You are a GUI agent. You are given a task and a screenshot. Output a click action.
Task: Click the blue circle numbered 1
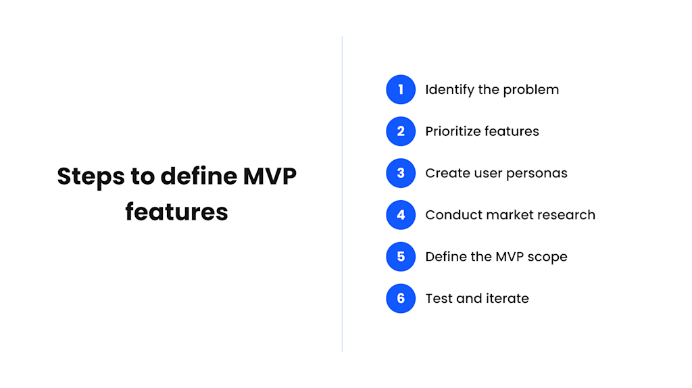[x=401, y=89]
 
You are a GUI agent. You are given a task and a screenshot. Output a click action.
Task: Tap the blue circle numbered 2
[x=401, y=131]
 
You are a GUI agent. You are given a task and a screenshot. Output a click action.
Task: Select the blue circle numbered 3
[x=401, y=173]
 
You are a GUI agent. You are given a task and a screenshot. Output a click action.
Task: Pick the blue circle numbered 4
[x=401, y=215]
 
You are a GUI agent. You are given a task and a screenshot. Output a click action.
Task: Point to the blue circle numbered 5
[x=401, y=257]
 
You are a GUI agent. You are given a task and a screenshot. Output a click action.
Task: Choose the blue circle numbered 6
[x=401, y=298]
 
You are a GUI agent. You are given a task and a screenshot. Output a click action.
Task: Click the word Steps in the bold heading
[x=91, y=176]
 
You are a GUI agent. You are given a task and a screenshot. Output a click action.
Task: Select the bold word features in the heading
[x=176, y=212]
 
